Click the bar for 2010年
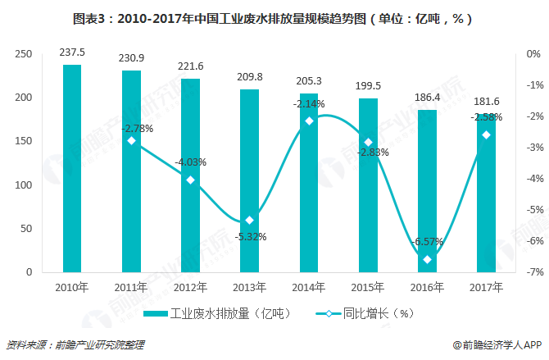72,168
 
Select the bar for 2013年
249,180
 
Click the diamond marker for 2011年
131,141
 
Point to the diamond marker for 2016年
427,260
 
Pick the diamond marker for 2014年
309,121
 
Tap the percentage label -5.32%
249,237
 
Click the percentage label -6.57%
427,242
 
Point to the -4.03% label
190,162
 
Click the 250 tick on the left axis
24,54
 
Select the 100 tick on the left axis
24,185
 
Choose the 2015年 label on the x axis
368,287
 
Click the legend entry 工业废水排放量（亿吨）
216,313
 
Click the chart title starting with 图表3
273,17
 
